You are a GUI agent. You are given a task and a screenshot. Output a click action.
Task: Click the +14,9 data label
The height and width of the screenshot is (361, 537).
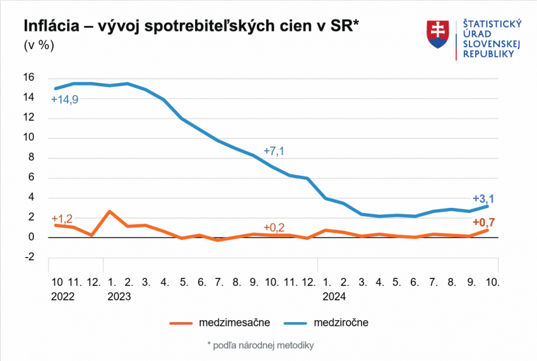(x=65, y=100)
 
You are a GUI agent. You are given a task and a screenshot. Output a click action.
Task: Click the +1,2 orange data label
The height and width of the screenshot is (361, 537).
(x=62, y=219)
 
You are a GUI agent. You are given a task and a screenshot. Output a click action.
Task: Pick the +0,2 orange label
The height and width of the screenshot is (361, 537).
(x=274, y=227)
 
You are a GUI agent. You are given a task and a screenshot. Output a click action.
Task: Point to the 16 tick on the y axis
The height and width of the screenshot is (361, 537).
(x=29, y=77)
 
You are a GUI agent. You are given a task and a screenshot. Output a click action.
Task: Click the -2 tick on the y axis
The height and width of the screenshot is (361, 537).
(x=29, y=257)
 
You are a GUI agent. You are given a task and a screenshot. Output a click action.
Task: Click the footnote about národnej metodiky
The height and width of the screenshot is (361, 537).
(x=260, y=345)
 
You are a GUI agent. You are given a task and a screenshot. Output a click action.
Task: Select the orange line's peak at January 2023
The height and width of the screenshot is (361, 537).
(x=110, y=212)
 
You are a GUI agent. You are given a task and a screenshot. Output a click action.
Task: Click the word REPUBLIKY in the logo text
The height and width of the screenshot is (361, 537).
(x=489, y=54)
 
